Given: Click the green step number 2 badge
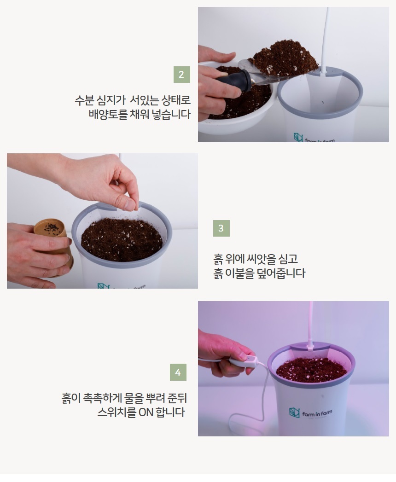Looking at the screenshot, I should (182, 75).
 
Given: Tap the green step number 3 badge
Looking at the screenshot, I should (221, 228).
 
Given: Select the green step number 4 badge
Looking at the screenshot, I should (178, 372).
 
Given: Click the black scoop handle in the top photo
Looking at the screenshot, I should (233, 80).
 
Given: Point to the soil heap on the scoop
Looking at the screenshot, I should (285, 58).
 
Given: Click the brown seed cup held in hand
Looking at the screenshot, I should (52, 237).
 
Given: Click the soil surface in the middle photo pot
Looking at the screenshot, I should (122, 239).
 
